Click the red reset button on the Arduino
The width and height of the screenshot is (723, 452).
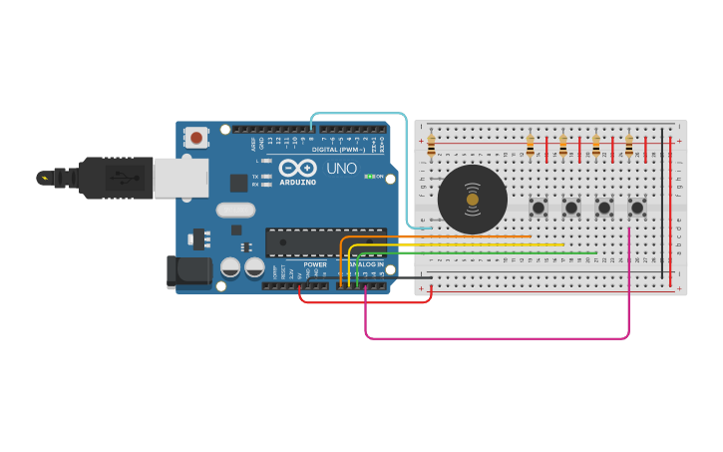(196, 137)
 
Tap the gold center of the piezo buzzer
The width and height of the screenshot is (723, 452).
(472, 200)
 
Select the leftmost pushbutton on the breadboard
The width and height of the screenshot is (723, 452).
(539, 208)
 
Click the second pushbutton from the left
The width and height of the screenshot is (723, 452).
(571, 208)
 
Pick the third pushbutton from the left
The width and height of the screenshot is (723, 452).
(604, 208)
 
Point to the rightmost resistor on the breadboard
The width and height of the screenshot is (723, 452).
(628, 147)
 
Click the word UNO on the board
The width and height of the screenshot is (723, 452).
(341, 169)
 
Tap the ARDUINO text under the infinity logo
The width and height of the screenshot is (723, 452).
(297, 183)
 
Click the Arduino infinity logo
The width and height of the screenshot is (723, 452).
(297, 168)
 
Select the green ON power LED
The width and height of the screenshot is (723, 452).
(370, 177)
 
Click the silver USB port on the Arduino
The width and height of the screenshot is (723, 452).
(181, 178)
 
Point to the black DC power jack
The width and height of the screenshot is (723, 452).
(188, 271)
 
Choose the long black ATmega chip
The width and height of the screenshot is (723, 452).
(325, 241)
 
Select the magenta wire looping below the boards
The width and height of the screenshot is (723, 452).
(499, 338)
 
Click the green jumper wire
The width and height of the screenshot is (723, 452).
(479, 252)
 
